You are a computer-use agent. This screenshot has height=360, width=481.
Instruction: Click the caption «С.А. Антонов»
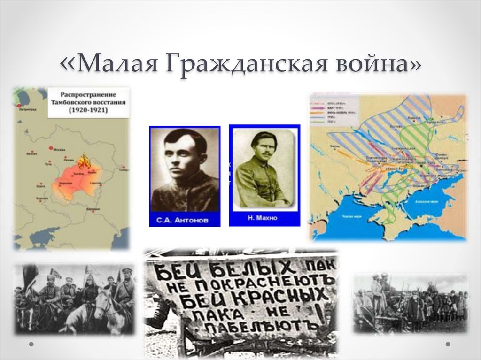[184, 219]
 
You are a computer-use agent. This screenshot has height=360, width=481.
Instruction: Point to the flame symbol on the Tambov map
[85, 162]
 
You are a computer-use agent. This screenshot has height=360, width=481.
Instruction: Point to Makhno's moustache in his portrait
[266, 153]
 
